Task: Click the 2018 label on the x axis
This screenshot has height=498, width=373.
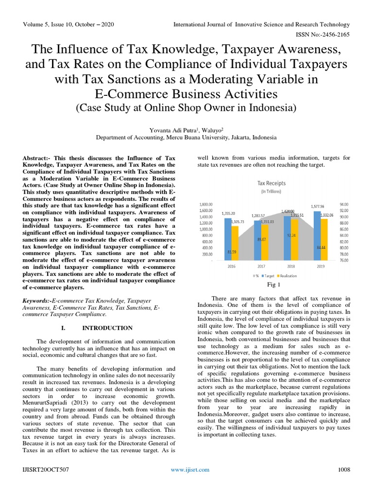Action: [x=290, y=267]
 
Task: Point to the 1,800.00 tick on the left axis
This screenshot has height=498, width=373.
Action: [x=207, y=204]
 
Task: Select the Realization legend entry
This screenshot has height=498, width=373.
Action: [x=289, y=276]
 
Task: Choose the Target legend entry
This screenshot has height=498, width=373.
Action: [x=271, y=276]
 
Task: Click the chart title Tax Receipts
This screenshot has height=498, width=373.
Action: [x=271, y=183]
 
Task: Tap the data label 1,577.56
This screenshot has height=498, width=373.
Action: [x=318, y=207]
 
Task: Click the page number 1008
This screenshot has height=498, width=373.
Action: [x=343, y=470]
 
